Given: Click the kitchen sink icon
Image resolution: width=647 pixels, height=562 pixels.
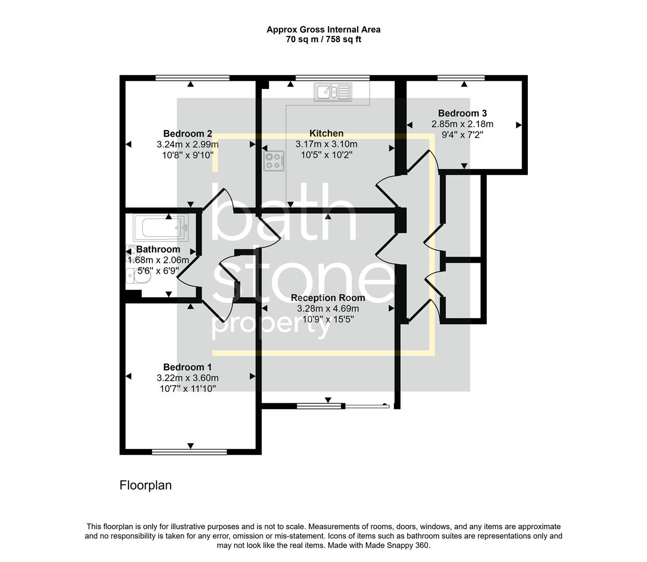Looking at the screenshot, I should point(332,92).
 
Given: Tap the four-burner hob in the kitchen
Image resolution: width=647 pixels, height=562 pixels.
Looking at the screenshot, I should point(274,160).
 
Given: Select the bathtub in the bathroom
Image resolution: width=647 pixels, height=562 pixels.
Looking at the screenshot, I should point(160,228).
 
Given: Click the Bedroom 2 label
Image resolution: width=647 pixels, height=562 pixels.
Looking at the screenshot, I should point(187,134).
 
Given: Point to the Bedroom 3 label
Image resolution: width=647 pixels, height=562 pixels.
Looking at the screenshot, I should point(462,113).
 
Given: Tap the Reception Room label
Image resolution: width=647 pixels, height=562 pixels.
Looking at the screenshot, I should point(327,298).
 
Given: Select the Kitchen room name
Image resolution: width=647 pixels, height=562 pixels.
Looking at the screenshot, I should point(326,133).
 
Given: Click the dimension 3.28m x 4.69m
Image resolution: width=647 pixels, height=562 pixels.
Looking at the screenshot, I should point(327,309).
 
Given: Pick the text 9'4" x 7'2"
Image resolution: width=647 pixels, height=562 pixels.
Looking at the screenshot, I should point(462,135).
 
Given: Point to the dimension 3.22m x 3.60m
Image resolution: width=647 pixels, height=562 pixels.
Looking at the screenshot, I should point(187,378).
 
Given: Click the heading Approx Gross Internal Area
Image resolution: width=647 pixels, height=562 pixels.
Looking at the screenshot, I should point(323,30).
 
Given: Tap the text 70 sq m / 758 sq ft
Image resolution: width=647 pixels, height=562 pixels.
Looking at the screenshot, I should point(323,40).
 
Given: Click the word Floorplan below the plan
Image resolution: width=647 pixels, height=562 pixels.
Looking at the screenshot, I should point(145,486).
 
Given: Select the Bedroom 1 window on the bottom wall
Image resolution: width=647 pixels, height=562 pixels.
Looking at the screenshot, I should point(189,452).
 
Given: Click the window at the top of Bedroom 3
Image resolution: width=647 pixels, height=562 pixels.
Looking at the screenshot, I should point(461,78).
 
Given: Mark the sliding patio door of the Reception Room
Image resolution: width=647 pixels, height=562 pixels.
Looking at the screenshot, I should point(344,405).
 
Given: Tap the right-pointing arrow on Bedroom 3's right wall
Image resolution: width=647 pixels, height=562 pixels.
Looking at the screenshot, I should point(518,125).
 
